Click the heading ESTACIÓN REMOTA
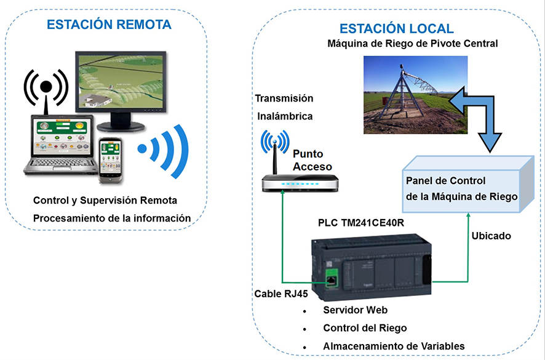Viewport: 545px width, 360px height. pos(109,25)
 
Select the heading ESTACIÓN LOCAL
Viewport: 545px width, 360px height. pos(397,28)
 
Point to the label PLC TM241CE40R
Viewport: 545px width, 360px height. pos(360,222)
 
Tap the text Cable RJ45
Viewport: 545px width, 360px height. pos(280,294)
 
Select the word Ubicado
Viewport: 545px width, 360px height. pos(491,236)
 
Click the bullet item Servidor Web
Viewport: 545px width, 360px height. pos(355,310)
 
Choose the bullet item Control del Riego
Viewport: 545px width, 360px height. pos(365,328)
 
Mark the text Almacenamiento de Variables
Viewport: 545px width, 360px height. pos(394,346)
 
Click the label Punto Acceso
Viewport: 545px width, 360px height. pos(312,160)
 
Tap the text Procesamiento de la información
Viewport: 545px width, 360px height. pos(111,218)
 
